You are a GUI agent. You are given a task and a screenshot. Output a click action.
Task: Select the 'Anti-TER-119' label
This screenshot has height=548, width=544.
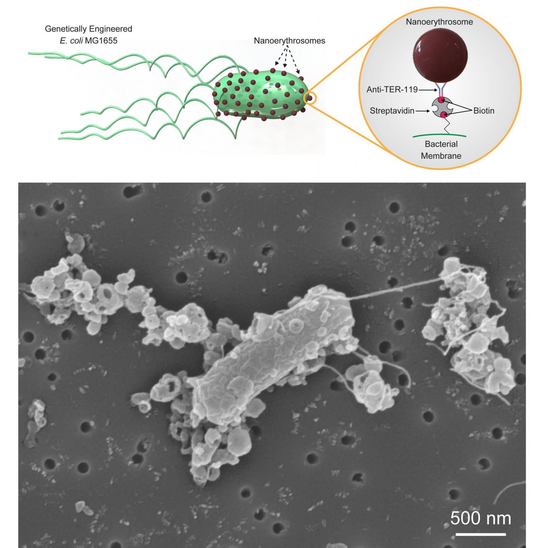pyautogui.click(x=392, y=90)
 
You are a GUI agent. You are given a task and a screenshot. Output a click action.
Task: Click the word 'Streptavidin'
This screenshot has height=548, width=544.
pyautogui.click(x=392, y=111)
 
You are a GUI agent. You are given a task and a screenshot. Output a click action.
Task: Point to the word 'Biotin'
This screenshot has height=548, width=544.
pyautogui.click(x=484, y=111)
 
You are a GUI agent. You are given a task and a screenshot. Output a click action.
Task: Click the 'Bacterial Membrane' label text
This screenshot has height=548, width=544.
pyautogui.click(x=441, y=150)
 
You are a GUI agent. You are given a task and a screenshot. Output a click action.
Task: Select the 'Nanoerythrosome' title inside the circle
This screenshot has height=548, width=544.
pyautogui.click(x=439, y=22)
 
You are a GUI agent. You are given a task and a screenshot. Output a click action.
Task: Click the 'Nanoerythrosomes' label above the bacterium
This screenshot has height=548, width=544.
pyautogui.click(x=289, y=41)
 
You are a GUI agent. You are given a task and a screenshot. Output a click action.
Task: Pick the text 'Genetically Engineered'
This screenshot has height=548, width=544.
pyautogui.click(x=88, y=29)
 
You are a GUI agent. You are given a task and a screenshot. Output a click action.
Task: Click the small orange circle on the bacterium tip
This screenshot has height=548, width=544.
pyautogui.click(x=309, y=98)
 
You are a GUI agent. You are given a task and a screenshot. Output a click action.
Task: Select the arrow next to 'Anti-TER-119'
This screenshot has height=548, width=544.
pyautogui.click(x=428, y=90)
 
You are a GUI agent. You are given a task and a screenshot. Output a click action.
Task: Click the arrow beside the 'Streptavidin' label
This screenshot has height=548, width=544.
pyautogui.click(x=423, y=111)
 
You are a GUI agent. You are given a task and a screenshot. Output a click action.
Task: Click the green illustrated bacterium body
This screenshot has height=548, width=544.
pyautogui.click(x=260, y=94)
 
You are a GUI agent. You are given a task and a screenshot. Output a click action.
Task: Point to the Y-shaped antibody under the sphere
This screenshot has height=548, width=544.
pyautogui.click(x=440, y=89)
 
